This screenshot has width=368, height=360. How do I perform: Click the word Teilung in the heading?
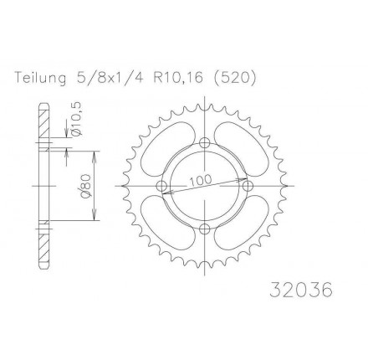(40, 78)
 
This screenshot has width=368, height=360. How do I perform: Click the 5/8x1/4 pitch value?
(109, 78)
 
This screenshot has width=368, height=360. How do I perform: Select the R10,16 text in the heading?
(177, 78)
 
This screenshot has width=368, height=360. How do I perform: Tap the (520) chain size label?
(233, 78)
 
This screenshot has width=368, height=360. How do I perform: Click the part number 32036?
(301, 290)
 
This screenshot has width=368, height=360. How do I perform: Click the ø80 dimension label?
(85, 186)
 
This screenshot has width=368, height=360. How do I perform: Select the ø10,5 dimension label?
(76, 119)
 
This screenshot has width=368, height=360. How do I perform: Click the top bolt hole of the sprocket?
(205, 143)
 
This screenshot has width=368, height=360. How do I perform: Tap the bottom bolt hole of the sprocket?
(205, 229)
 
